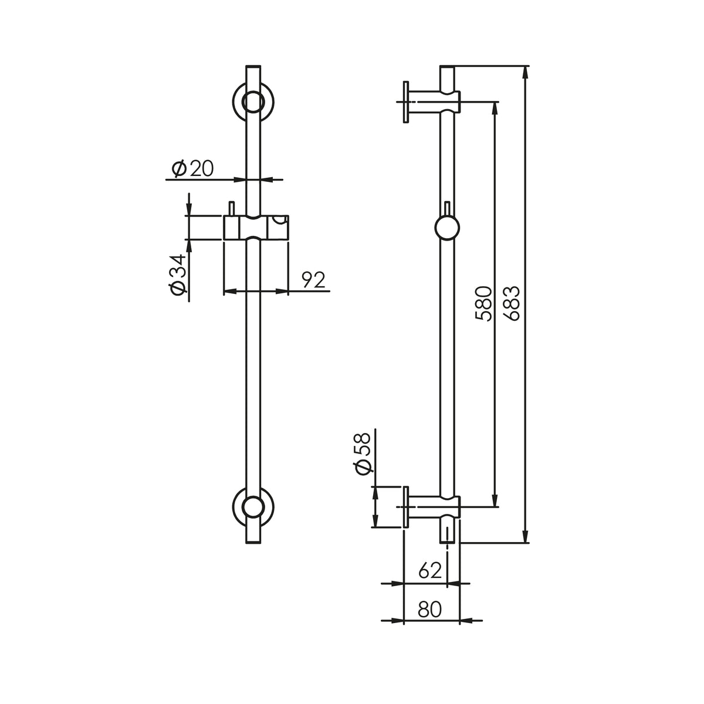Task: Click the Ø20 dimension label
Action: (192, 169)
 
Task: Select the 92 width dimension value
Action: (313, 280)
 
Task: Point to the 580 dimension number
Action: (484, 304)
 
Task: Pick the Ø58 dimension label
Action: (363, 454)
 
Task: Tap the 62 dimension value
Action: (430, 571)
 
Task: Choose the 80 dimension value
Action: (429, 609)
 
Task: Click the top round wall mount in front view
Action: (253, 101)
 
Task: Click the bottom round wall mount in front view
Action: (253, 507)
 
